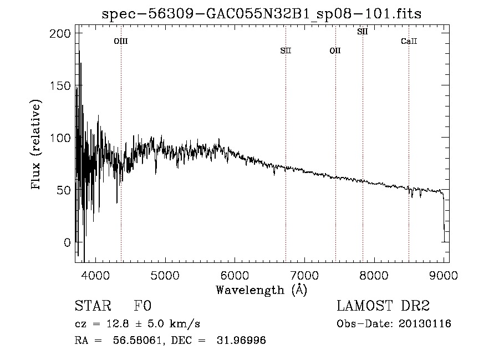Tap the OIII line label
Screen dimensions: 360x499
click(x=121, y=41)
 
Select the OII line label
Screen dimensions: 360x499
click(x=335, y=51)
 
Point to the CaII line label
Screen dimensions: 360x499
click(x=409, y=41)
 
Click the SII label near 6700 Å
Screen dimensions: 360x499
click(x=286, y=51)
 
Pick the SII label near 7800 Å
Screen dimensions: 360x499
click(x=362, y=32)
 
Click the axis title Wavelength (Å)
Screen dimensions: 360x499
click(x=261, y=290)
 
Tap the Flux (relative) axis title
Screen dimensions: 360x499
click(x=37, y=145)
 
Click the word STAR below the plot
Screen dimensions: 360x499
click(x=92, y=306)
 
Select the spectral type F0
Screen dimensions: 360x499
click(x=143, y=306)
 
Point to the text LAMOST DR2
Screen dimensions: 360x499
click(x=383, y=306)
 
